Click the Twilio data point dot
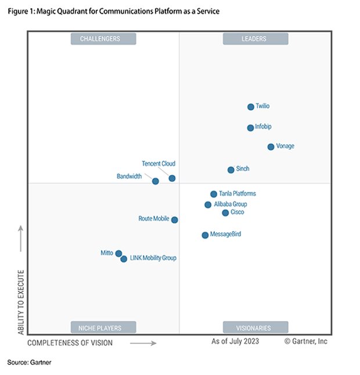pyautogui.click(x=251, y=107)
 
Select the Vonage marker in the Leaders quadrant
pyautogui.click(x=271, y=147)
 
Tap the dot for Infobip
pyautogui.click(x=250, y=128)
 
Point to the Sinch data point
pyautogui.click(x=231, y=170)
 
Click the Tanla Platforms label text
pyautogui.click(x=237, y=194)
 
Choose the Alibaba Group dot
pyautogui.click(x=208, y=205)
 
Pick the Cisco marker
pyautogui.click(x=225, y=213)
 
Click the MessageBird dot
pyautogui.click(x=205, y=235)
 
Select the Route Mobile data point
pyautogui.click(x=175, y=220)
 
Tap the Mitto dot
pyautogui.click(x=118, y=254)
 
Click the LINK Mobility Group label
pyautogui.click(x=153, y=258)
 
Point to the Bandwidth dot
pyautogui.click(x=155, y=181)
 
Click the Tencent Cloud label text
pyautogui.click(x=159, y=164)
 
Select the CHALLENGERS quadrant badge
pyautogui.click(x=103, y=39)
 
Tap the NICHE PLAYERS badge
pyautogui.click(x=103, y=327)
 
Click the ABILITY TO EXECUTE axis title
pyautogui.click(x=21, y=301)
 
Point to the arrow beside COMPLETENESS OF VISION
pyautogui.click(x=143, y=343)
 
